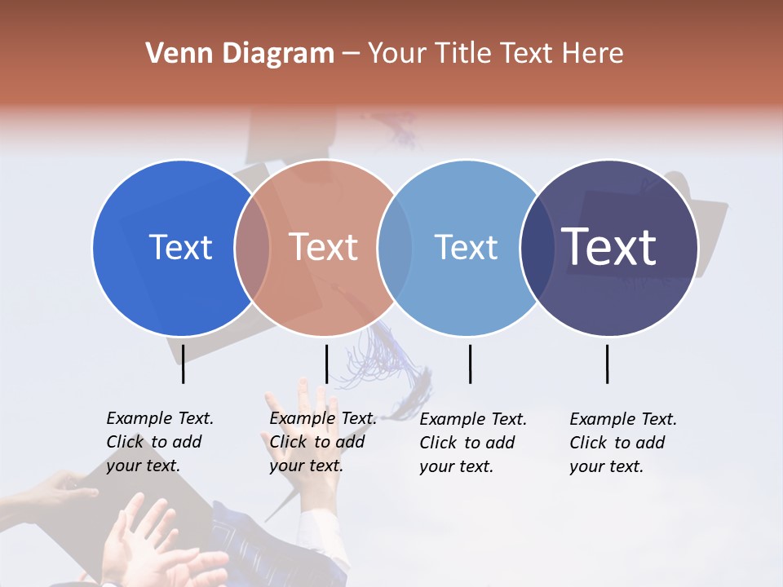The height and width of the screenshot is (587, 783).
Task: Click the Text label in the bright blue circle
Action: (x=180, y=247)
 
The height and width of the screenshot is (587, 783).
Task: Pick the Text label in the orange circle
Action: (x=323, y=247)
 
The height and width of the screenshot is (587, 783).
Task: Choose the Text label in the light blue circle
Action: (x=466, y=247)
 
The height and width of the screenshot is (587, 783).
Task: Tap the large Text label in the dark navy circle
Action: (x=609, y=247)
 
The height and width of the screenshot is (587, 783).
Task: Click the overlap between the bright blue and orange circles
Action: (x=252, y=247)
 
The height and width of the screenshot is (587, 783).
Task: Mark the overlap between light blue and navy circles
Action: (x=537, y=247)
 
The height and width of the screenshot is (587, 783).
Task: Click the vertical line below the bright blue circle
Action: (x=183, y=364)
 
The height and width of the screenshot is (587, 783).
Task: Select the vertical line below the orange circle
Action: (x=326, y=364)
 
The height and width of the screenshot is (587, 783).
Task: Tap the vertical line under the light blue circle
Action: (x=470, y=364)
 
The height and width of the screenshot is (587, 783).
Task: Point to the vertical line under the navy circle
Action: (x=607, y=364)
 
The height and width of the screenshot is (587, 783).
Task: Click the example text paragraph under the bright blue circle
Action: (x=159, y=442)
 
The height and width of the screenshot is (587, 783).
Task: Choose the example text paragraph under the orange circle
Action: (x=322, y=442)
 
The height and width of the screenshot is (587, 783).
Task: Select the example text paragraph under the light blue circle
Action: (x=472, y=443)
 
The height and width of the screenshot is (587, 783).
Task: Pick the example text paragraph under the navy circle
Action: (x=622, y=443)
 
